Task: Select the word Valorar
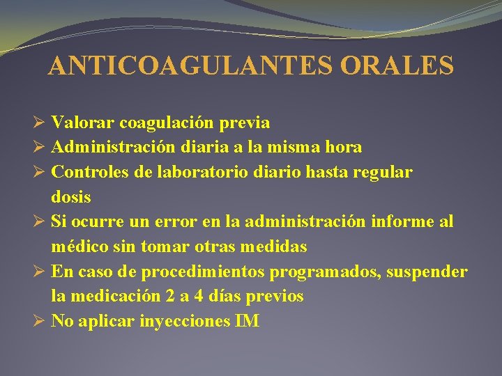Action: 83,123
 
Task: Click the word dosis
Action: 71,197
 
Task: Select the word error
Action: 198,222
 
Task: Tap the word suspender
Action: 425,272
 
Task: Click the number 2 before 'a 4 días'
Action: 171,296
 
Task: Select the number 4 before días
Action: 198,296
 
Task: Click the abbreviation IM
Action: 248,321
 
